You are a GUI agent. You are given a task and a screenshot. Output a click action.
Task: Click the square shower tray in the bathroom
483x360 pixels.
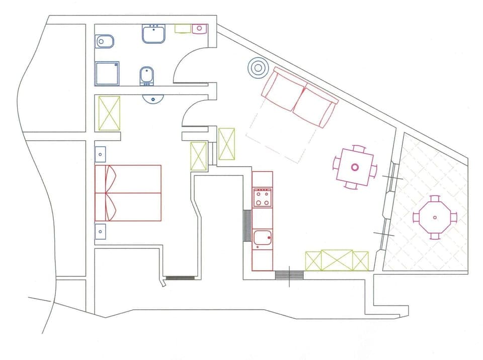pyautogui.click(x=107, y=74)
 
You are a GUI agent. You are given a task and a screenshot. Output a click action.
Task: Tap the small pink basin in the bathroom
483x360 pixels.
pyautogui.click(x=199, y=29)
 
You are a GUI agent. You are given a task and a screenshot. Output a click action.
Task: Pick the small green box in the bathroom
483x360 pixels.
pyautogui.click(x=182, y=29)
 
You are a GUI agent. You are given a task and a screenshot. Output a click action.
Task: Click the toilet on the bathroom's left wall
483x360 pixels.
pyautogui.click(x=104, y=41)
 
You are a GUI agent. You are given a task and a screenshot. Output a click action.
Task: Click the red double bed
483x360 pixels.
pyautogui.click(x=128, y=193)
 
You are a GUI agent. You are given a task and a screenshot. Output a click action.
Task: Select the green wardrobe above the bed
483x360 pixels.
pyautogui.click(x=109, y=113)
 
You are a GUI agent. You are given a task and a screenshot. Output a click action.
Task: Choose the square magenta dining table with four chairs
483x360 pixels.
pyautogui.click(x=355, y=167)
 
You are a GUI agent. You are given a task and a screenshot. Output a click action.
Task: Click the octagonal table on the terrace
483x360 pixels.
pyautogui.click(x=435, y=218)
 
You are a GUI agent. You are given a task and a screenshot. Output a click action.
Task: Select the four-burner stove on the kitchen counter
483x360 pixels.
pyautogui.click(x=263, y=197)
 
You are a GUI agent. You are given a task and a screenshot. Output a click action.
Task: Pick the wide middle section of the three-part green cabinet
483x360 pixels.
pyautogui.click(x=337, y=260)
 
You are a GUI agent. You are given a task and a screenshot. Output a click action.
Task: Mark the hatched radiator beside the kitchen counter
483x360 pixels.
pyautogui.click(x=247, y=226)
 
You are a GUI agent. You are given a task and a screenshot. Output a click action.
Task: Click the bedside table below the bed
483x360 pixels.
pyautogui.click(x=101, y=232)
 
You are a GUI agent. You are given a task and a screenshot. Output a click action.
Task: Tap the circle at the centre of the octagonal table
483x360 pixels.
pyautogui.click(x=435, y=218)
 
